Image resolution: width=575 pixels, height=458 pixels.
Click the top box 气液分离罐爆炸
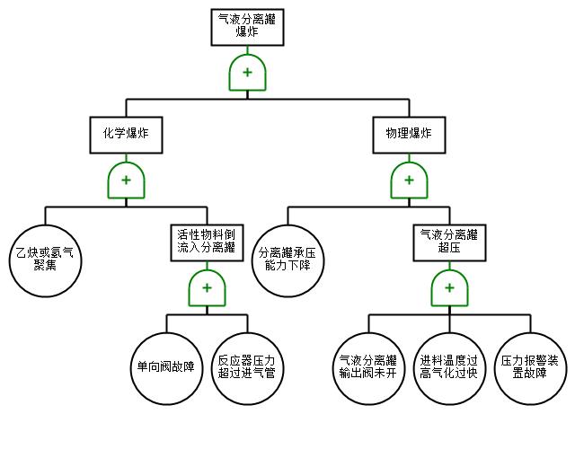pos(247,27)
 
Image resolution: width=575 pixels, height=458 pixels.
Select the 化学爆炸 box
pos(126,135)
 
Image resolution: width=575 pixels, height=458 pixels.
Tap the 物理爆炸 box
pos(409,135)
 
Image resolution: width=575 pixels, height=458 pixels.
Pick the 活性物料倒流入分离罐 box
pos(207,242)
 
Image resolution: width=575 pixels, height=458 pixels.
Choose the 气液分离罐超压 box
pos(449,242)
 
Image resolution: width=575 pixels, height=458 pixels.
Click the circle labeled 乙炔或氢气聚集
pos(46,260)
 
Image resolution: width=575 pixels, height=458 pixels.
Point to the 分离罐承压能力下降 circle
pos(287,260)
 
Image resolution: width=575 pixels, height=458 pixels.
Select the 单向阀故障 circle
pos(166,368)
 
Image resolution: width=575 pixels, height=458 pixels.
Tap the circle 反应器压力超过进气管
pos(248,368)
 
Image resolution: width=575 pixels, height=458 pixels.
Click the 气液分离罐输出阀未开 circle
pos(369,368)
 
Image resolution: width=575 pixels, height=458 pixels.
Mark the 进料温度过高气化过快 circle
pos(449,368)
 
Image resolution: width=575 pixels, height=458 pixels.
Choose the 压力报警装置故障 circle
pos(530,368)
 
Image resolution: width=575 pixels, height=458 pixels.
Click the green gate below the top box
pos(247,72)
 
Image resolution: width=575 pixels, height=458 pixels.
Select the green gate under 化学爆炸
pos(126,180)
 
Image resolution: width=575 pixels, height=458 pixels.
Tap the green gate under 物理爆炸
pos(409,180)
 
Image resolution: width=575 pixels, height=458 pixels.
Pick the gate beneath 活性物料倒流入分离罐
pos(207,287)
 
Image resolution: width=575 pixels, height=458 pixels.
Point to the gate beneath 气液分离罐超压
pos(449,287)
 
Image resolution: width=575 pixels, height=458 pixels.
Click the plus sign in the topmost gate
pos(247,72)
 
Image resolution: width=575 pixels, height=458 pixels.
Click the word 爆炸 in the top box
pos(247,32)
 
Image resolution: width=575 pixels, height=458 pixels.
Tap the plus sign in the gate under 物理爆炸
pos(409,180)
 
